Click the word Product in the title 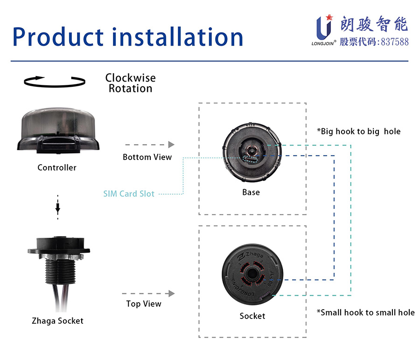(x=58, y=37)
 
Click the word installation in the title (x=178, y=37)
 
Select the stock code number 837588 (x=394, y=42)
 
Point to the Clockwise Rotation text (x=131, y=83)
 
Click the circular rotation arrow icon (x=55, y=82)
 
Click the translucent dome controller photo (x=58, y=131)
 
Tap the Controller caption (x=57, y=167)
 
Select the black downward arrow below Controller (x=57, y=208)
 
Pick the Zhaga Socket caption (x=57, y=321)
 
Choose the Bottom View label (x=147, y=157)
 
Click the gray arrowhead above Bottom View (x=171, y=145)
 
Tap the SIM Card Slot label (x=129, y=194)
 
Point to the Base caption (x=251, y=192)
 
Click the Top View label (x=144, y=304)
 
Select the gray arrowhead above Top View (x=172, y=293)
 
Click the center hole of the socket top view (x=252, y=274)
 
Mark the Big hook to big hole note (x=359, y=132)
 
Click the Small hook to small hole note (x=365, y=312)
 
